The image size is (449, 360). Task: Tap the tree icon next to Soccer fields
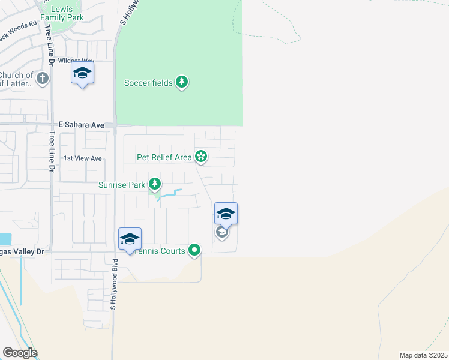[182, 82]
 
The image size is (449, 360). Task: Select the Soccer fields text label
[148, 83]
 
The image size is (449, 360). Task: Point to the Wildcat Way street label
[77, 61]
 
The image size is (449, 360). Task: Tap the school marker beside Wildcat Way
[82, 74]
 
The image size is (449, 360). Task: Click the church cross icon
[42, 77]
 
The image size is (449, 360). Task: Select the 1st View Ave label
[83, 158]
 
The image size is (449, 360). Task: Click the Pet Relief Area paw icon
[200, 157]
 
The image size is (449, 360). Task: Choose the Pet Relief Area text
[164, 157]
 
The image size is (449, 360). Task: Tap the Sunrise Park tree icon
[155, 184]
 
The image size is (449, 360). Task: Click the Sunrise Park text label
[122, 185]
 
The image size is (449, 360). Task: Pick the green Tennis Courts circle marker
[194, 250]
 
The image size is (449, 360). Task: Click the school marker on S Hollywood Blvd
[130, 239]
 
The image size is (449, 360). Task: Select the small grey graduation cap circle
[221, 232]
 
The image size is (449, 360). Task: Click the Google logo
[20, 353]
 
